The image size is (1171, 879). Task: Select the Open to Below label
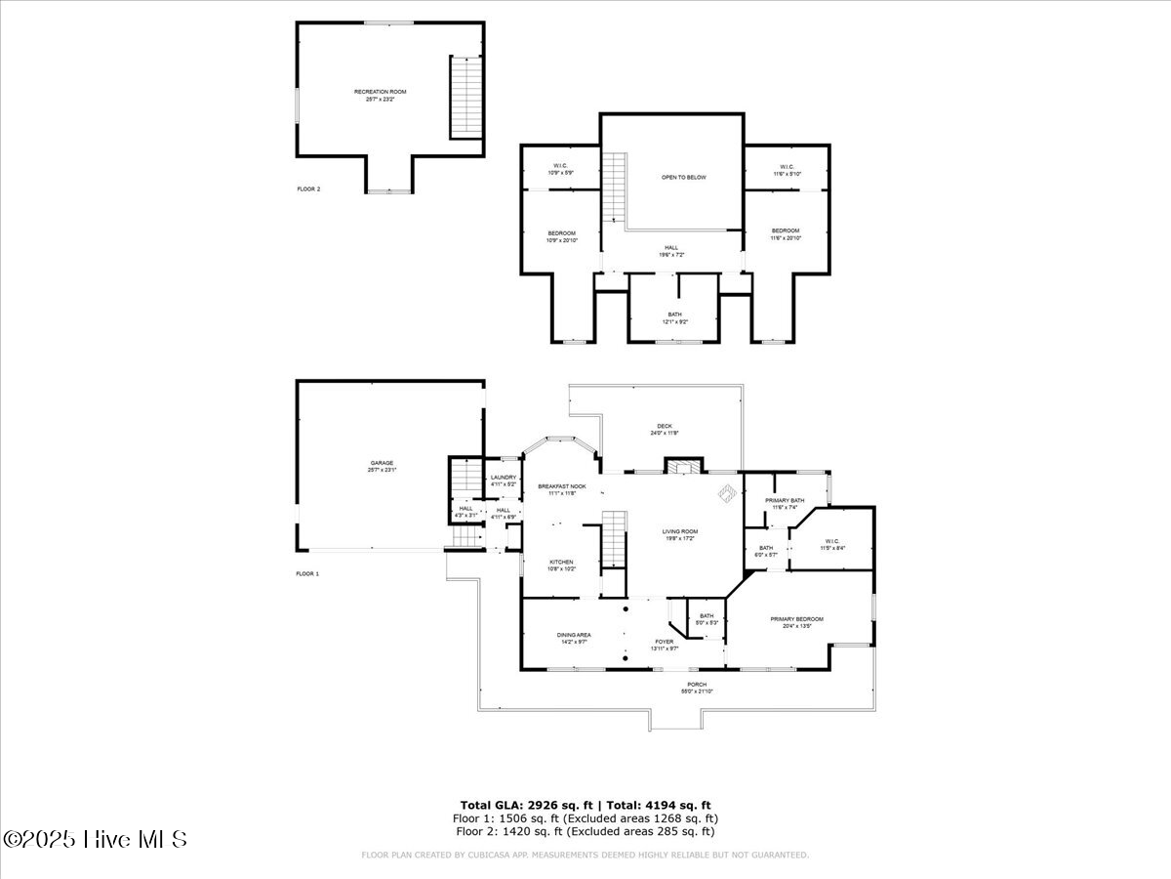click(683, 177)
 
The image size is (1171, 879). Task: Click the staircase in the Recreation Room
click(465, 98)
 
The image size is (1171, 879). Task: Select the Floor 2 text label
click(308, 188)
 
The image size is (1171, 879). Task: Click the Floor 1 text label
click(307, 573)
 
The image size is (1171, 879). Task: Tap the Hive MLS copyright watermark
click(95, 838)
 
